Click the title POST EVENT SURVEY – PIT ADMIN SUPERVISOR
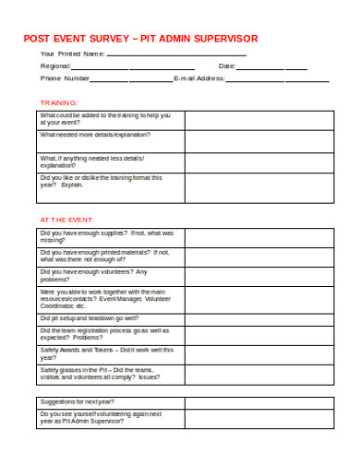[140, 38]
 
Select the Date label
[227, 66]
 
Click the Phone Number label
[64, 78]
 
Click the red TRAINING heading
[58, 102]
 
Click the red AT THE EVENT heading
[66, 220]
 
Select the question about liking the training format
[101, 181]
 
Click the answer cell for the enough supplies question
[258, 238]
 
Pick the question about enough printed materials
[104, 256]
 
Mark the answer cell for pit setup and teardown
[258, 316]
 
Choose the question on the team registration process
[103, 333]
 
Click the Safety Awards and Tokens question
[107, 353]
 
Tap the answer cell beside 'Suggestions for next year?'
[258, 401]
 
